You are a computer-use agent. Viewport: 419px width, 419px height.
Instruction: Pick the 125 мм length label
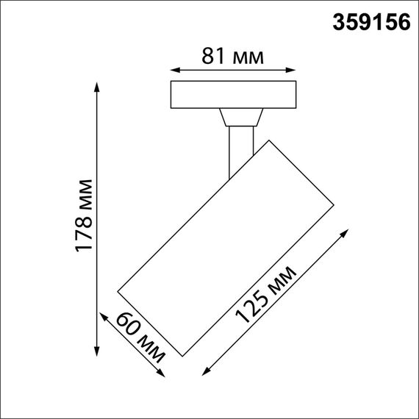point(265,296)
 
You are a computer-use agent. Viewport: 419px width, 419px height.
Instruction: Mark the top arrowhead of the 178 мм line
point(97,85)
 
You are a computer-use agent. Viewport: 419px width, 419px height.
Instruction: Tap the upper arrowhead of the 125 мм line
point(345,233)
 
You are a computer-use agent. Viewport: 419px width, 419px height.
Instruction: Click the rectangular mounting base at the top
point(232,95)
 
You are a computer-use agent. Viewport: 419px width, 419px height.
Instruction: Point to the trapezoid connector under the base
point(240,118)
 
